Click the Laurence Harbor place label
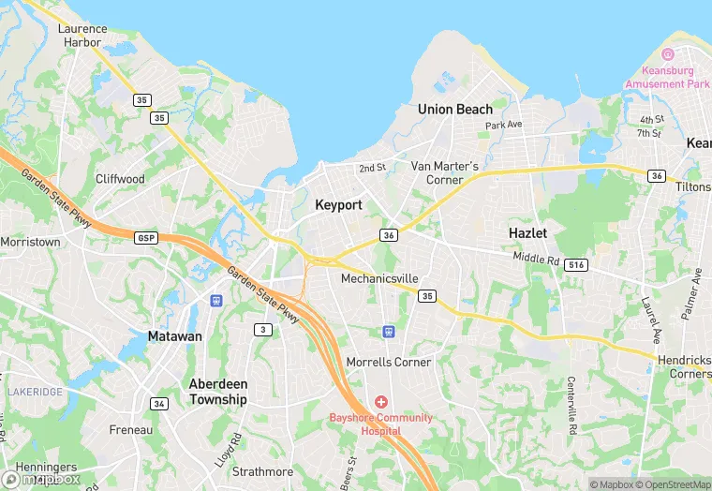[82, 35]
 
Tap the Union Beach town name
[455, 109]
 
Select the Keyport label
[338, 204]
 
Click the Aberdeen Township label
[218, 392]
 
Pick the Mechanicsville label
[377, 278]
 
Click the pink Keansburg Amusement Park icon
[668, 53]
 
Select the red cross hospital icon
[380, 401]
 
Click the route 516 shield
[578, 266]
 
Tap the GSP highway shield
[145, 238]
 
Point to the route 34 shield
[158, 404]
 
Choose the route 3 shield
[264, 329]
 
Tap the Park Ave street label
[502, 126]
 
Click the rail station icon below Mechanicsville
[388, 332]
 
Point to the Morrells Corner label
[389, 362]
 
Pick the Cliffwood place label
[120, 178]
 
